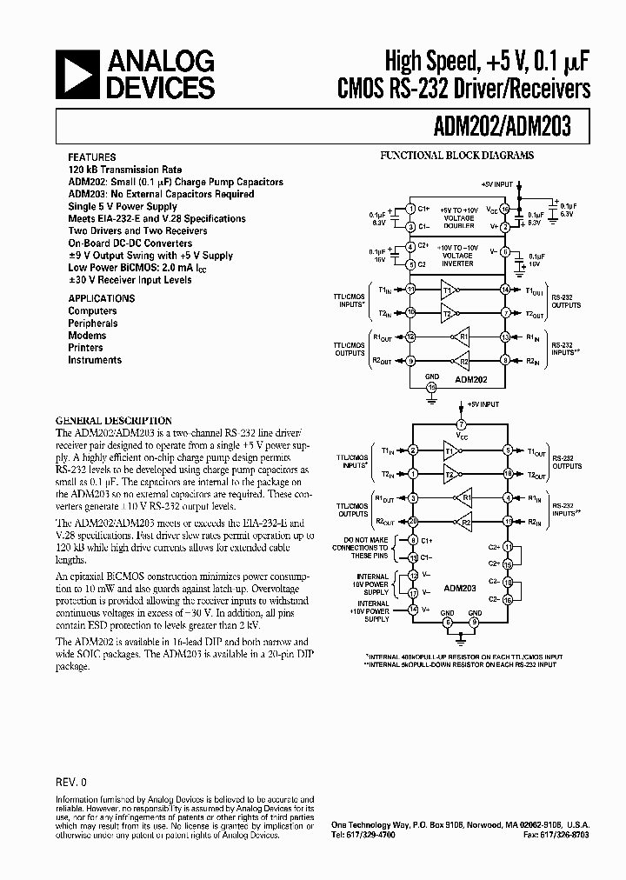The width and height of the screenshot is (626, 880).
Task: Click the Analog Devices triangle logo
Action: click(x=77, y=74)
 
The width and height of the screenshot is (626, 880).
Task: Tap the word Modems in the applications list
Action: click(x=87, y=336)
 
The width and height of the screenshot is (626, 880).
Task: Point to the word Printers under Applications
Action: click(x=86, y=348)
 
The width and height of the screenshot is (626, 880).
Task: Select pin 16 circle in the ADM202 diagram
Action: click(x=505, y=210)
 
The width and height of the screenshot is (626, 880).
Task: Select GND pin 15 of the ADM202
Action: click(x=430, y=386)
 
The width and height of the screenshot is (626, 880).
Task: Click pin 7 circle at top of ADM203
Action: click(x=462, y=424)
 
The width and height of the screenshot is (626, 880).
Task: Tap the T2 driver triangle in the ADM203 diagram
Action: click(x=450, y=476)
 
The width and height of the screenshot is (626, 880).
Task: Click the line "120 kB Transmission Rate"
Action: click(x=125, y=170)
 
